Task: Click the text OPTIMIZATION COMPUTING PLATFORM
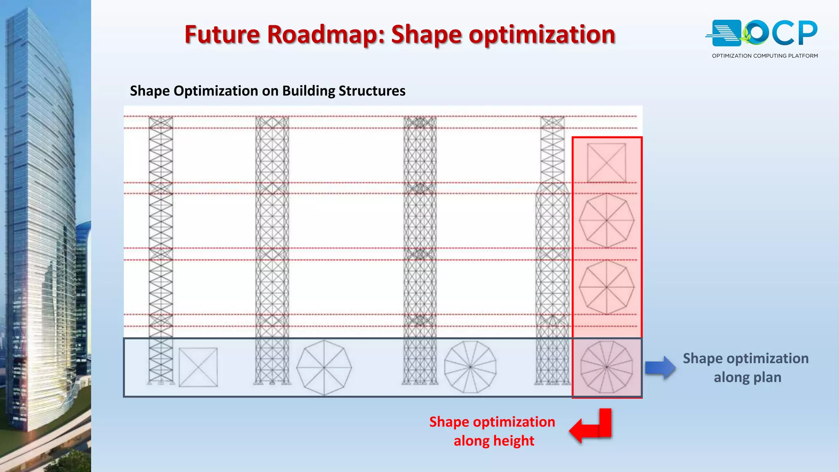(x=764, y=56)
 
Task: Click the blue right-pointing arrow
(x=660, y=367)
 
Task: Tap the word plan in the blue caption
(x=768, y=377)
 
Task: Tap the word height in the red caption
(x=514, y=441)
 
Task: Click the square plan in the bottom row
(x=198, y=367)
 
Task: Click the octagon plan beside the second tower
(x=324, y=368)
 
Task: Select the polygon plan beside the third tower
(x=470, y=367)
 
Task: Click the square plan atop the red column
(x=606, y=163)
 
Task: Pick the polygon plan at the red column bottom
(x=606, y=367)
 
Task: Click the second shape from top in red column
(x=606, y=220)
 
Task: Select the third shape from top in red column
(x=606, y=287)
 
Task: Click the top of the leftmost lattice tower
(x=161, y=123)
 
